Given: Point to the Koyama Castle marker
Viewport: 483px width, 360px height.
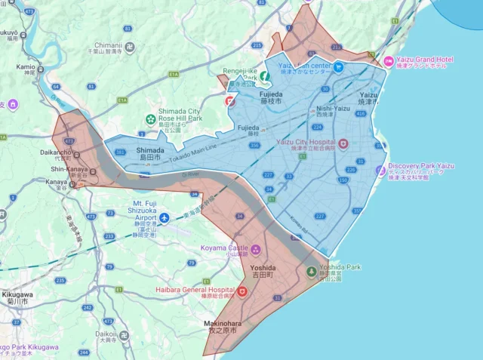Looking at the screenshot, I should pos(255,250).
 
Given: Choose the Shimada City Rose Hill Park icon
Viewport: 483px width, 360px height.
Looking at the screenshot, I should pos(150,119).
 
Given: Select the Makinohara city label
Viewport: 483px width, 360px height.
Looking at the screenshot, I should pos(220,327).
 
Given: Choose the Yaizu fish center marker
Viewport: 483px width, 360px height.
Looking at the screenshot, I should pos(339,66).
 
